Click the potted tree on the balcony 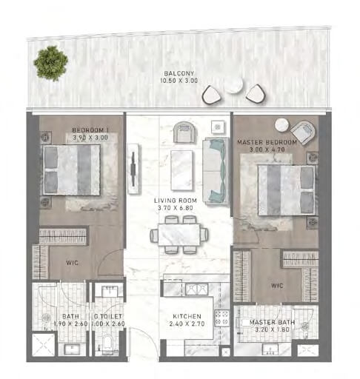[51, 64]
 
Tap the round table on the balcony [233, 84]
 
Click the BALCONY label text [179, 73]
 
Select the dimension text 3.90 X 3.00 [90, 138]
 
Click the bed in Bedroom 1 [72, 170]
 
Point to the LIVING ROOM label [176, 201]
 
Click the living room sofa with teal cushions [215, 170]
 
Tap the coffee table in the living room [181, 170]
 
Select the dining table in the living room [179, 235]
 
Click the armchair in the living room [185, 133]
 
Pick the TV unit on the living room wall [133, 169]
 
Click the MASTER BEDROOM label [267, 142]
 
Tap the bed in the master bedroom [287, 190]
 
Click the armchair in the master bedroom [303, 132]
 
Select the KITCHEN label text [187, 316]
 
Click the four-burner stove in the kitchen [221, 318]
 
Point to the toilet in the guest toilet [107, 343]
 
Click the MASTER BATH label [272, 322]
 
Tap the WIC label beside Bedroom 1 [72, 263]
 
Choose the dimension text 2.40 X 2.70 [187, 323]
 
